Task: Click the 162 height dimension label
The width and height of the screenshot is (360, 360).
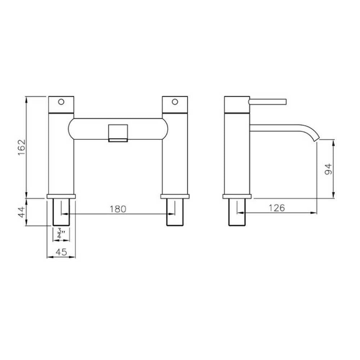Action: pos(22,147)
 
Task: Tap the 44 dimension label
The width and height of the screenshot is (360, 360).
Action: pos(22,212)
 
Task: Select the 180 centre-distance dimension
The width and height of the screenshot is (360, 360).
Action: pos(118,209)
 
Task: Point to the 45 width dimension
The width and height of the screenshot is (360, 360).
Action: pos(61,252)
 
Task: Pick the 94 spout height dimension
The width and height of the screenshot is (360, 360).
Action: pos(329,169)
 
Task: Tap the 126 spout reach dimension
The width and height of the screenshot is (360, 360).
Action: pos(276,208)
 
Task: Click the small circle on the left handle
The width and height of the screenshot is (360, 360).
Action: pos(61,102)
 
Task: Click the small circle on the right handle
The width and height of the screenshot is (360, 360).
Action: pos(175,102)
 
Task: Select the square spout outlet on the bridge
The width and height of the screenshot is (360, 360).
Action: pos(118,133)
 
